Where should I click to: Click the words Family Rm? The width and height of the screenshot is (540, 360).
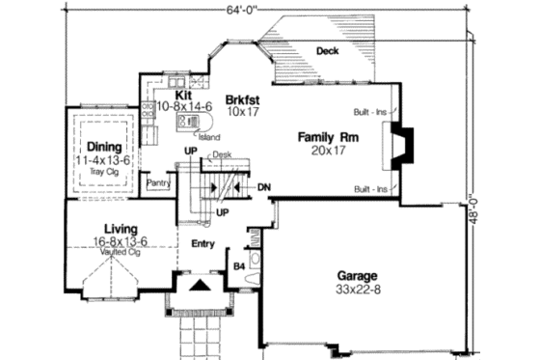(328, 137)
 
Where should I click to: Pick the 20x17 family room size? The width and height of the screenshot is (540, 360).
(328, 151)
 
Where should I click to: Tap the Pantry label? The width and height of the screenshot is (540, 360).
(157, 181)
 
